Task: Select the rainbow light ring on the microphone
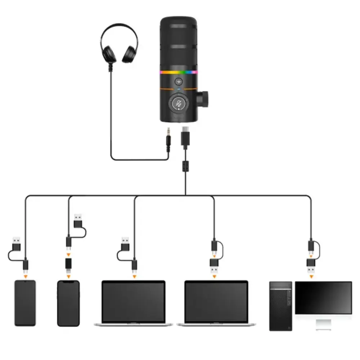click(179, 72)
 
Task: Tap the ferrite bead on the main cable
click(186, 166)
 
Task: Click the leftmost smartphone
click(25, 303)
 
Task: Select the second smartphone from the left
click(68, 303)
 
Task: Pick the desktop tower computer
click(281, 306)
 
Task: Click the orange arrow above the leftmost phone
click(25, 276)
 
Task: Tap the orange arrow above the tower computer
click(311, 276)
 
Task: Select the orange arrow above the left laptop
click(134, 276)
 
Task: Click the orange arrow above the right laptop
click(214, 276)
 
